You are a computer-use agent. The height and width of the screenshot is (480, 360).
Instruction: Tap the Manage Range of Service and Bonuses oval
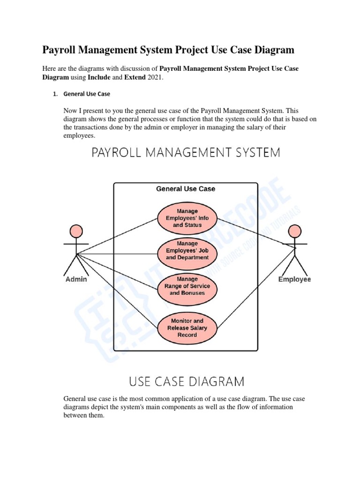[x=187, y=286]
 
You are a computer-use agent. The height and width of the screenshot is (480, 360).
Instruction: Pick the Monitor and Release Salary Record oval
[x=187, y=328]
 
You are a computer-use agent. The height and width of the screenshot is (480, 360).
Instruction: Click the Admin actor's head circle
[x=76, y=231]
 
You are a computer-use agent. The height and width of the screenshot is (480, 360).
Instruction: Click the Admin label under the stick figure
[x=75, y=279]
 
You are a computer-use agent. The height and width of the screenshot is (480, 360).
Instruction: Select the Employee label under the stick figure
[x=294, y=279]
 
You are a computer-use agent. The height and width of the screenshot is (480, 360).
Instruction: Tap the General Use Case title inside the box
[x=186, y=189]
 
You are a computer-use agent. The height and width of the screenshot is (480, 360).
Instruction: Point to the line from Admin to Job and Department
[x=117, y=254]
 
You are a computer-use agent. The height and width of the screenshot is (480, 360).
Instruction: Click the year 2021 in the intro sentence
[x=155, y=77]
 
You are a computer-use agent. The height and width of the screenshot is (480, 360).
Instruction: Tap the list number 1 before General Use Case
[x=54, y=94]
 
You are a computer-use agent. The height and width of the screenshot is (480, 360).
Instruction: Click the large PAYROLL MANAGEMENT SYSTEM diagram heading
[x=186, y=153]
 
